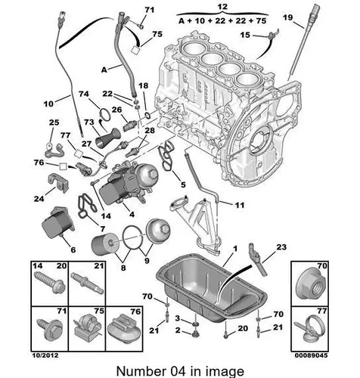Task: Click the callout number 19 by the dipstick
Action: (x=287, y=17)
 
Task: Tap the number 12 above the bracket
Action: (x=222, y=7)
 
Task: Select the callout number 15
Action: (x=245, y=35)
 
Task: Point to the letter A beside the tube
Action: (x=104, y=70)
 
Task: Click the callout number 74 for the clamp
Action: (x=84, y=94)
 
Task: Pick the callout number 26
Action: (x=116, y=110)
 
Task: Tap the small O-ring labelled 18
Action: (x=147, y=116)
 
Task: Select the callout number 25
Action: (x=54, y=122)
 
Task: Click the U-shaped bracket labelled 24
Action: (x=58, y=182)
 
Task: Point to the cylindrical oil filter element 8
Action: (x=104, y=243)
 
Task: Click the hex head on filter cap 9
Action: (x=165, y=228)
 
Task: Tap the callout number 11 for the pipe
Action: (x=240, y=205)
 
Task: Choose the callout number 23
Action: (x=281, y=247)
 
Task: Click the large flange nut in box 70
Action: (x=311, y=285)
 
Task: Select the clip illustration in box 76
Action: (x=124, y=330)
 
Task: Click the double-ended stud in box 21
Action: (x=87, y=283)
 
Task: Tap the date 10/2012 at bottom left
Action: (x=45, y=355)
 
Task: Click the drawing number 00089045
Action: (x=311, y=355)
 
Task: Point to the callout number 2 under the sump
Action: (x=178, y=330)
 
